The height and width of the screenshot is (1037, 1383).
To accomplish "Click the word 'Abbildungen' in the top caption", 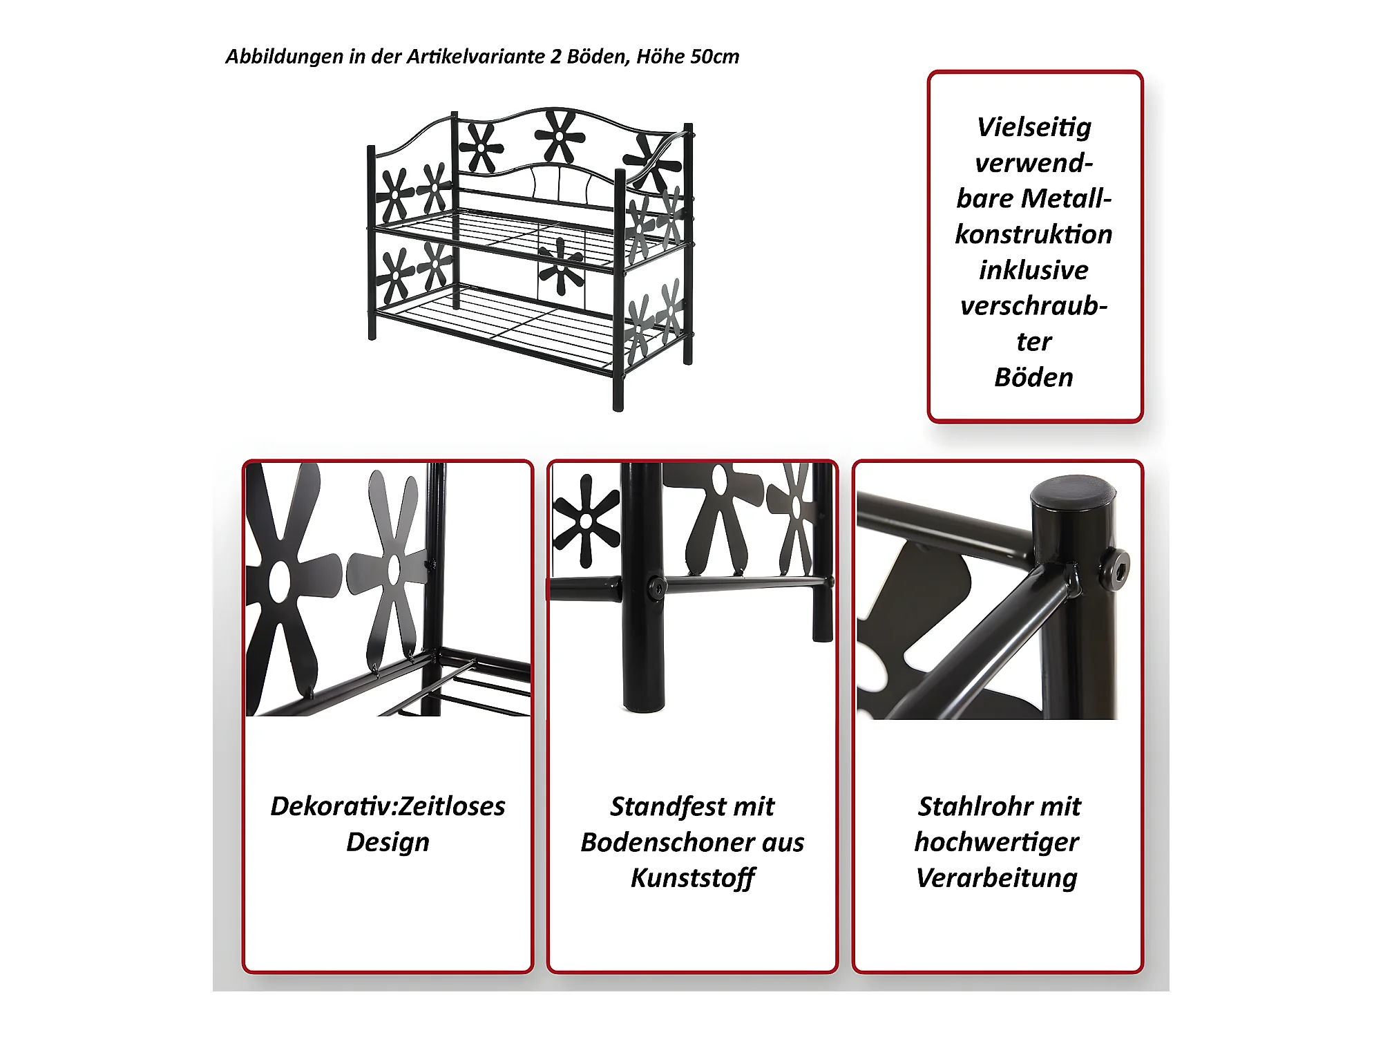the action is (285, 57).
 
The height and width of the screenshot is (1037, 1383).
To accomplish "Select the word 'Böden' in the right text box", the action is (1034, 377).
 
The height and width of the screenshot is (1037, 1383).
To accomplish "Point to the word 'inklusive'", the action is (1034, 270).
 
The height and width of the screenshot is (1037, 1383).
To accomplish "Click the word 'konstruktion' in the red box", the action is (1034, 234).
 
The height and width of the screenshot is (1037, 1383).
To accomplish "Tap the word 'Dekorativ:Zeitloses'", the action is (388, 806).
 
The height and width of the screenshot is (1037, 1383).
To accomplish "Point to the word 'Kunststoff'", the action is (693, 878).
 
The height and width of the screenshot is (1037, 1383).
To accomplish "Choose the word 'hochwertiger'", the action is (997, 843).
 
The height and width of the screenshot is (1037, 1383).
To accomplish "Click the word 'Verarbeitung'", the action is (997, 879).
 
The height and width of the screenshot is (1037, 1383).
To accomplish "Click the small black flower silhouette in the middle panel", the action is (586, 520).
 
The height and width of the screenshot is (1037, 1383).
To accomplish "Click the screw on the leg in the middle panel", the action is (656, 589).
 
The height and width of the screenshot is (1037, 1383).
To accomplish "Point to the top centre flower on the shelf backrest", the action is (559, 136).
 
